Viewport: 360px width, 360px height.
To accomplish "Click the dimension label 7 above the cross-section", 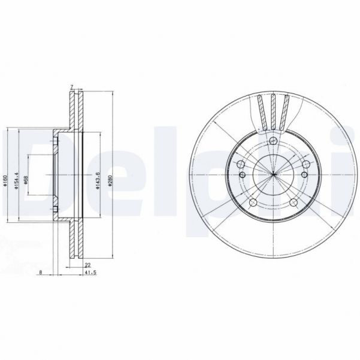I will click(x=72, y=87).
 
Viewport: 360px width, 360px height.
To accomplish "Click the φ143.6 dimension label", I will click(x=97, y=174).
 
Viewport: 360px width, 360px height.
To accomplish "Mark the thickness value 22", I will click(x=87, y=264).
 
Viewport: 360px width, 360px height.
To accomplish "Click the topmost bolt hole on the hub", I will click(x=273, y=141).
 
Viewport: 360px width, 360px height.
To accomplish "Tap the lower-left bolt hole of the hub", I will click(x=252, y=202).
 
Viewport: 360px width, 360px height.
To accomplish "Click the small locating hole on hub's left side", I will click(x=242, y=175).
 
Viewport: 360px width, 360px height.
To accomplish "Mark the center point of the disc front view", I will click(x=273, y=175).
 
